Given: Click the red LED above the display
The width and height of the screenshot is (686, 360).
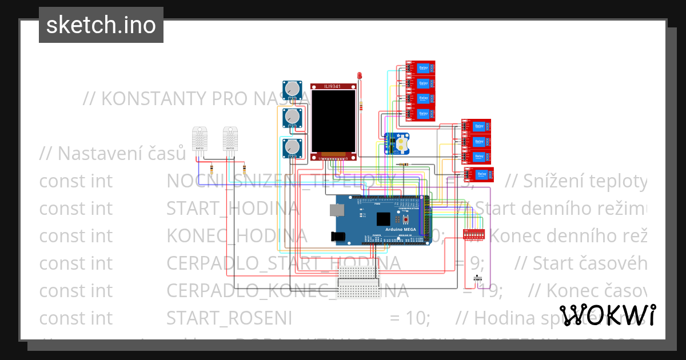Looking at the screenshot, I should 360,76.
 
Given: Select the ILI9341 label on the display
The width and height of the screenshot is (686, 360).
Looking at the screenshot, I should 333,87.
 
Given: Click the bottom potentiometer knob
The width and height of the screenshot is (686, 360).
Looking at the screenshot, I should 293,149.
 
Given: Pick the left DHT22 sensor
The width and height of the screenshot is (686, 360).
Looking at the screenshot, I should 200,139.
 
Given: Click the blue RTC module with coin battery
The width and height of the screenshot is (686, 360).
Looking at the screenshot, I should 396,143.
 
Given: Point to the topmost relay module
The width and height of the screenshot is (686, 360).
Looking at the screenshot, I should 420,69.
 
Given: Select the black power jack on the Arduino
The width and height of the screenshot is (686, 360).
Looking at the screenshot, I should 340,236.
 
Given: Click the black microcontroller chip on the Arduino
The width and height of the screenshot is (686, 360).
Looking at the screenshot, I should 384,218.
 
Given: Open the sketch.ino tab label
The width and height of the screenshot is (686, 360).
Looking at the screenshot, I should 101,25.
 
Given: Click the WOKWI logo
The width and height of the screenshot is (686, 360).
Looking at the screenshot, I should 607,315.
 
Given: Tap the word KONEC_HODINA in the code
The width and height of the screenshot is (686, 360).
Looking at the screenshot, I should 237,235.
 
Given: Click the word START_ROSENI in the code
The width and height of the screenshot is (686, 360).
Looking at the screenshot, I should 229,318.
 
